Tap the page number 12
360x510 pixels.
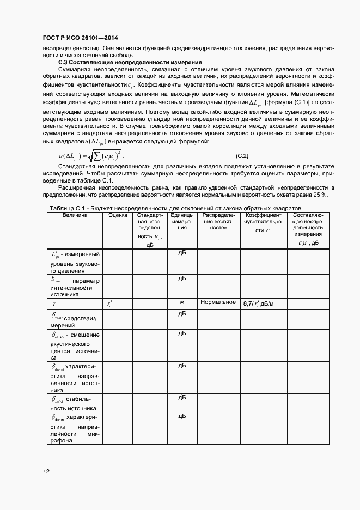pyautogui.click(x=46, y=471)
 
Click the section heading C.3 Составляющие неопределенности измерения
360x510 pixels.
pyautogui.click(x=130, y=62)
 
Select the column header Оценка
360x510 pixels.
pyautogui.click(x=118, y=215)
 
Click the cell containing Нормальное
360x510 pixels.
pyautogui.click(x=218, y=302)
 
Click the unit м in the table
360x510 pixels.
pyautogui.click(x=182, y=302)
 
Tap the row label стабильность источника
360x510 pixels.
pyautogui.click(x=75, y=403)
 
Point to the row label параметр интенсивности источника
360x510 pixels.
pyautogui.click(x=75, y=287)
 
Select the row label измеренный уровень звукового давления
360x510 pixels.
pyautogui.click(x=75, y=262)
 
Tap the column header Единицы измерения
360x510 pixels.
pyautogui.click(x=182, y=222)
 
